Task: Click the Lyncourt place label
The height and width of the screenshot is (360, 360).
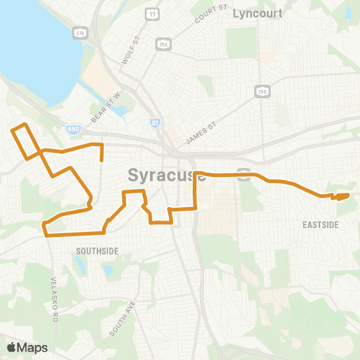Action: [257, 13]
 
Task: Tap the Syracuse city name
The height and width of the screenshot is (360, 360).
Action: [166, 175]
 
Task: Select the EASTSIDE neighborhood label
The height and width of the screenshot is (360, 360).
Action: [320, 224]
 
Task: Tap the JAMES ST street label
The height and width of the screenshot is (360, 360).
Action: [200, 133]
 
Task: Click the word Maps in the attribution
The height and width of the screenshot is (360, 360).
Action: [33, 347]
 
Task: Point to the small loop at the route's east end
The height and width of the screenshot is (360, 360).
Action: [341, 196]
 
